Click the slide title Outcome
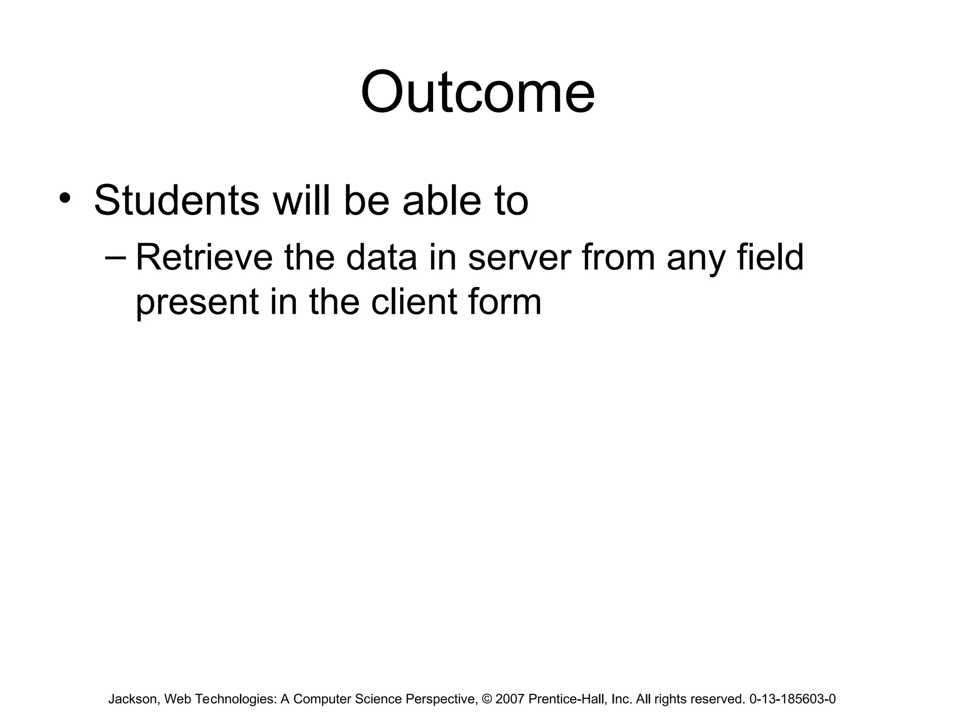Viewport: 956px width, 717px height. [x=478, y=92]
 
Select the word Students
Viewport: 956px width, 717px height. [x=176, y=201]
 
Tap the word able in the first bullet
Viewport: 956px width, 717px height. [x=441, y=201]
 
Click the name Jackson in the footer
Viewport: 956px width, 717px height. [x=133, y=699]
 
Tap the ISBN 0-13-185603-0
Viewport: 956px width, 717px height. [x=792, y=699]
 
